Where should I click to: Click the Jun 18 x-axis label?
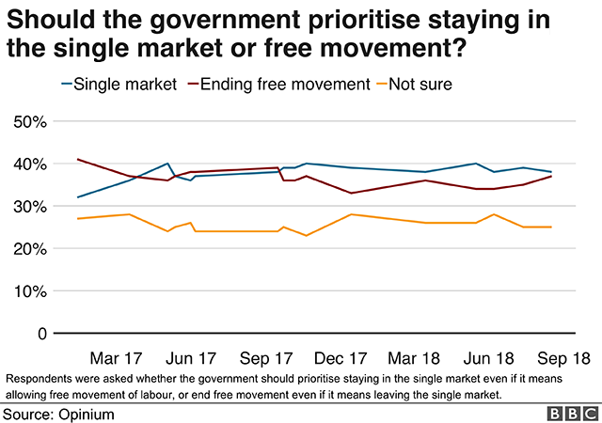point(489,358)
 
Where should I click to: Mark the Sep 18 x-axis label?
point(562,358)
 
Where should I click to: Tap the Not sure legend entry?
point(422,85)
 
